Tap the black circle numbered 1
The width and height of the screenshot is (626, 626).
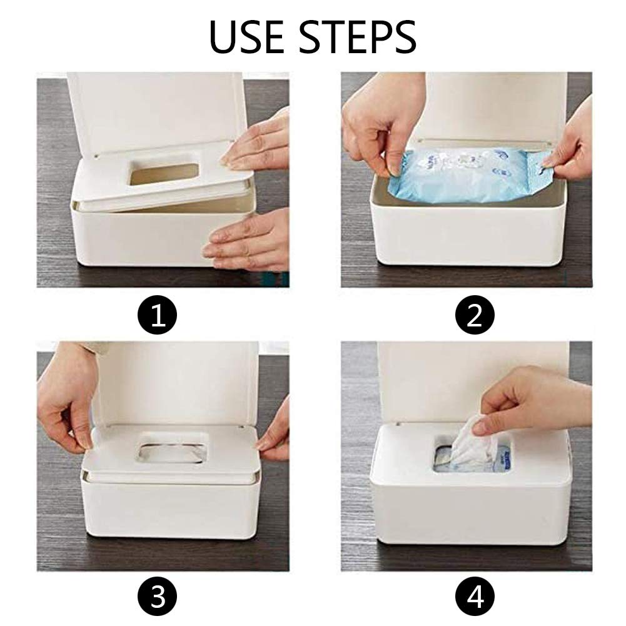(158, 315)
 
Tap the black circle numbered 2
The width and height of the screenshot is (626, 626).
(473, 315)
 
